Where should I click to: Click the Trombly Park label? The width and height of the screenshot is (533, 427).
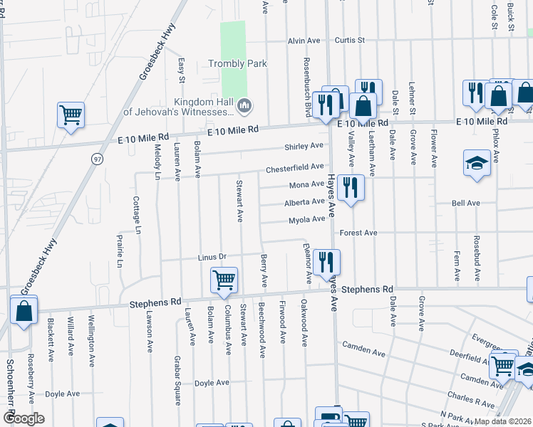pyautogui.click(x=237, y=63)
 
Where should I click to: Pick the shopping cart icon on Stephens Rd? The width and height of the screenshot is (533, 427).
pyautogui.click(x=224, y=280)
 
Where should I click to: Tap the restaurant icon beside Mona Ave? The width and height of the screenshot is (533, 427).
pyautogui.click(x=350, y=188)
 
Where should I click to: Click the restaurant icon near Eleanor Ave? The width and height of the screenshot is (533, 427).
pyautogui.click(x=326, y=261)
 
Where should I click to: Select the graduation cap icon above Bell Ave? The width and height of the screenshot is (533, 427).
pyautogui.click(x=477, y=163)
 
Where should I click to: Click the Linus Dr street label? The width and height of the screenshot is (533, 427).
pyautogui.click(x=212, y=256)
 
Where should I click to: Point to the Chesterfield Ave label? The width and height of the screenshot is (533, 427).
pyautogui.click(x=295, y=168)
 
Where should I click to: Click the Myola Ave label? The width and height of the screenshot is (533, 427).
pyautogui.click(x=306, y=220)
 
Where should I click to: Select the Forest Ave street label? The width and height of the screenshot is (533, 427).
pyautogui.click(x=358, y=233)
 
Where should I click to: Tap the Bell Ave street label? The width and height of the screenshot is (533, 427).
pyautogui.click(x=466, y=204)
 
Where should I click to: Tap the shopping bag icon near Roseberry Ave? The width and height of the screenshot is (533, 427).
pyautogui.click(x=24, y=311)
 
